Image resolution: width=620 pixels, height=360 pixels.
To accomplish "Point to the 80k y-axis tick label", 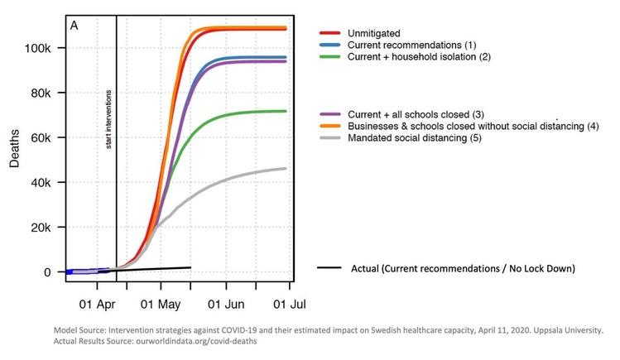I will [x=37, y=93].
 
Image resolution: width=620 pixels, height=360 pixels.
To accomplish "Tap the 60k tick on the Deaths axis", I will [x=37, y=137].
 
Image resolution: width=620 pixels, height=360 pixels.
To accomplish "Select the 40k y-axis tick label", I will [x=37, y=182].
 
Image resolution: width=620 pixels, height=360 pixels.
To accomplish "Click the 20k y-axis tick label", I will [x=37, y=227].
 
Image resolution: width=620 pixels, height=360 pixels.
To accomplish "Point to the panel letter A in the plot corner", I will [x=74, y=25].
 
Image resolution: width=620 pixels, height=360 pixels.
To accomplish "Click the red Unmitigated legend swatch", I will [x=330, y=32].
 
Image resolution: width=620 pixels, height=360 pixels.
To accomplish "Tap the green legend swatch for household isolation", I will [x=330, y=55].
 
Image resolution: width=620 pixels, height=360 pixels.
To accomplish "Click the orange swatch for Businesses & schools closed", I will [x=330, y=126].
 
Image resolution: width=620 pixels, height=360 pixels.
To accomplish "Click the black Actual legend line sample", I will [x=330, y=268].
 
